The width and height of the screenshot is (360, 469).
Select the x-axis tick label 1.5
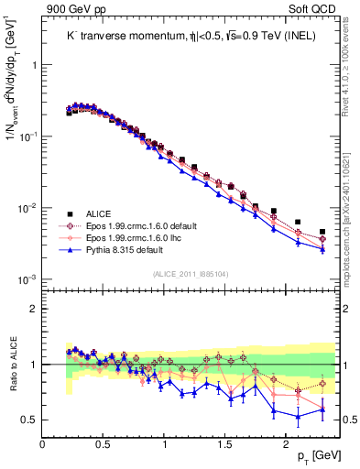coord(225,442)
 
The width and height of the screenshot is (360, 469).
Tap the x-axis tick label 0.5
coord(104,442)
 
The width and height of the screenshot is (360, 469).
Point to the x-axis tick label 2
coord(286,442)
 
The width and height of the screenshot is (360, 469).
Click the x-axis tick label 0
coord(43,442)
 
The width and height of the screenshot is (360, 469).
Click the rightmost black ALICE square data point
coord(322,233)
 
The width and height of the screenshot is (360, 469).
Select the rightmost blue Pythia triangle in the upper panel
coord(322,249)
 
